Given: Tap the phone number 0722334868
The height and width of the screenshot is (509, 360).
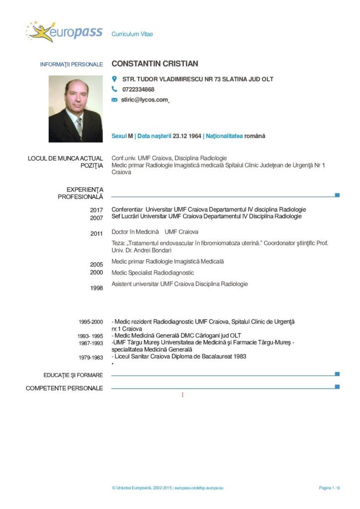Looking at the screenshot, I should point(138,89).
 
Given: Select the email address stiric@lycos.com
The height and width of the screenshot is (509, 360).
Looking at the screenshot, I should point(145,100).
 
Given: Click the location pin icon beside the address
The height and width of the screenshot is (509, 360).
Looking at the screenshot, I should point(114,79).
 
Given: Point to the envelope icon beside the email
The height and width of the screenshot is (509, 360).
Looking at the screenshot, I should point(114,100).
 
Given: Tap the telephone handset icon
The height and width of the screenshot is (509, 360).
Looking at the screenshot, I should point(114,89).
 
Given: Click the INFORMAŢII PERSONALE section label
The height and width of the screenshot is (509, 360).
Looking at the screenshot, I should point(72,65).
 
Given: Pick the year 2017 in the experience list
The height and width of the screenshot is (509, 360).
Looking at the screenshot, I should point(96,210).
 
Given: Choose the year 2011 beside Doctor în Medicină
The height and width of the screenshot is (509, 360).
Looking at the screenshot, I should point(96,234).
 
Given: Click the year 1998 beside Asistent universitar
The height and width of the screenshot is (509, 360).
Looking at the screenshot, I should point(96,288).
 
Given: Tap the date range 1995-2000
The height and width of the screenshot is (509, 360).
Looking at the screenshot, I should point(90,322).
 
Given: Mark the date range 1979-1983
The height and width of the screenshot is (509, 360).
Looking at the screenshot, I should point(90,357).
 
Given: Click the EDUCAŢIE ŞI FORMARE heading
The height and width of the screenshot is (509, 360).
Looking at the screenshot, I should point(65,375).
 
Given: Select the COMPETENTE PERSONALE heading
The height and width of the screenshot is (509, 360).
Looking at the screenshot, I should point(65,388).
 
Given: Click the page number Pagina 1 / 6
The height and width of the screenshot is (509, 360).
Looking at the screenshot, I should point(329,488).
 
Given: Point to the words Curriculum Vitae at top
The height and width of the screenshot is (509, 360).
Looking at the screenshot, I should point(132,34).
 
